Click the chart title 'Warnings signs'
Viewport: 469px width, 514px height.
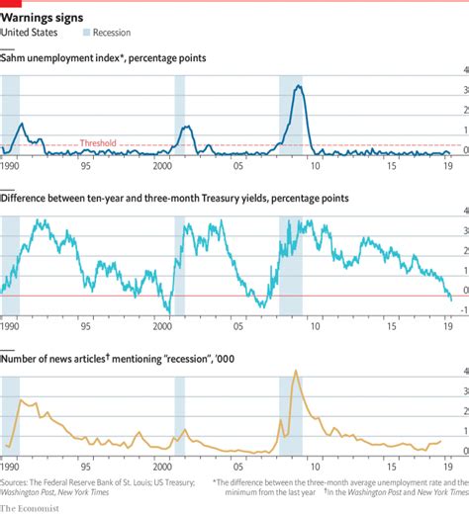click(42, 18)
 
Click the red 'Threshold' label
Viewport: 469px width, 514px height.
click(97, 143)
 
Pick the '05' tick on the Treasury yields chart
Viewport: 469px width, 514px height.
click(238, 324)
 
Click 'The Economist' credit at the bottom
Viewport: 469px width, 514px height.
click(30, 507)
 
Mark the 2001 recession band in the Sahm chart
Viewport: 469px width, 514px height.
click(180, 114)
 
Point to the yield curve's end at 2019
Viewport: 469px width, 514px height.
click(451, 299)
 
